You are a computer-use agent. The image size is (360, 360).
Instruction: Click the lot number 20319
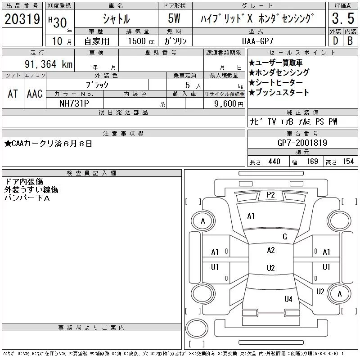[x=22, y=19]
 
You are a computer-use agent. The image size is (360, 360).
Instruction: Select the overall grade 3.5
[x=343, y=18]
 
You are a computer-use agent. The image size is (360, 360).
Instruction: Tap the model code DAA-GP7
[x=258, y=41]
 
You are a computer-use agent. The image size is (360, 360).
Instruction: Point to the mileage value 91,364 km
[x=49, y=64]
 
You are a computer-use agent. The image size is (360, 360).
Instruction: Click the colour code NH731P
[x=74, y=103]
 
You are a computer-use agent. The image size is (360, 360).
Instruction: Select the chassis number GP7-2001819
[x=302, y=143]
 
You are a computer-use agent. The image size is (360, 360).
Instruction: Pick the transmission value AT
[x=13, y=94]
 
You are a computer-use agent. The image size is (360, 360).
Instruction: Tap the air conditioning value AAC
[x=35, y=94]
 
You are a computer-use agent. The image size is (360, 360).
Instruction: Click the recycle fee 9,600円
[x=229, y=104]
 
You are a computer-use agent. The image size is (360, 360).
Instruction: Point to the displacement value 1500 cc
[x=141, y=41]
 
